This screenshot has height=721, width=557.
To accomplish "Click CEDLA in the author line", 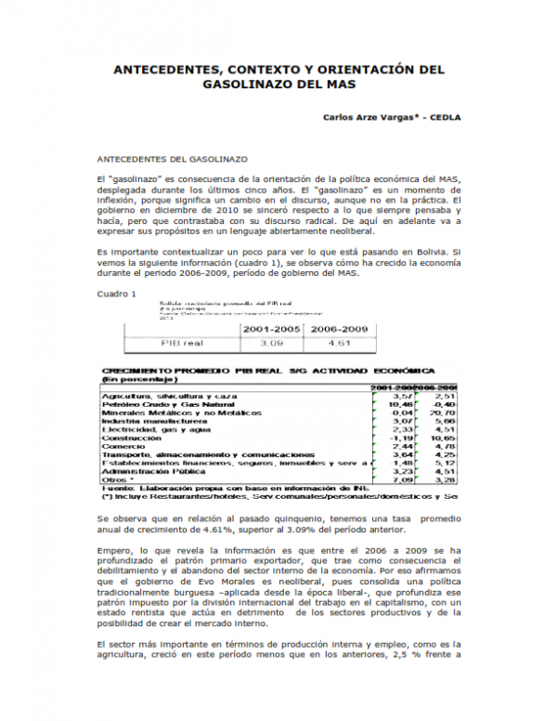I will point(442,119).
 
